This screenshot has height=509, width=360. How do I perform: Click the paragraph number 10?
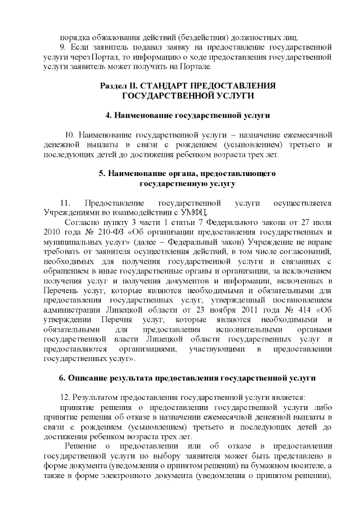point(70,135)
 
